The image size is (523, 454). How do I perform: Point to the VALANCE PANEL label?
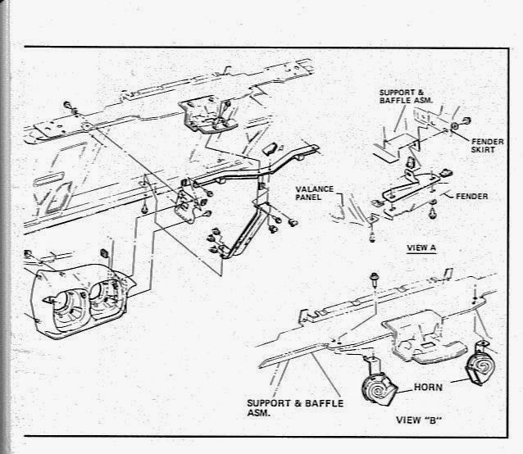point(316,193)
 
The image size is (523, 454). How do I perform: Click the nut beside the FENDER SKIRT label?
point(454,128)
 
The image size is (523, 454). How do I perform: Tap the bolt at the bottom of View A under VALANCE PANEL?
point(370,237)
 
